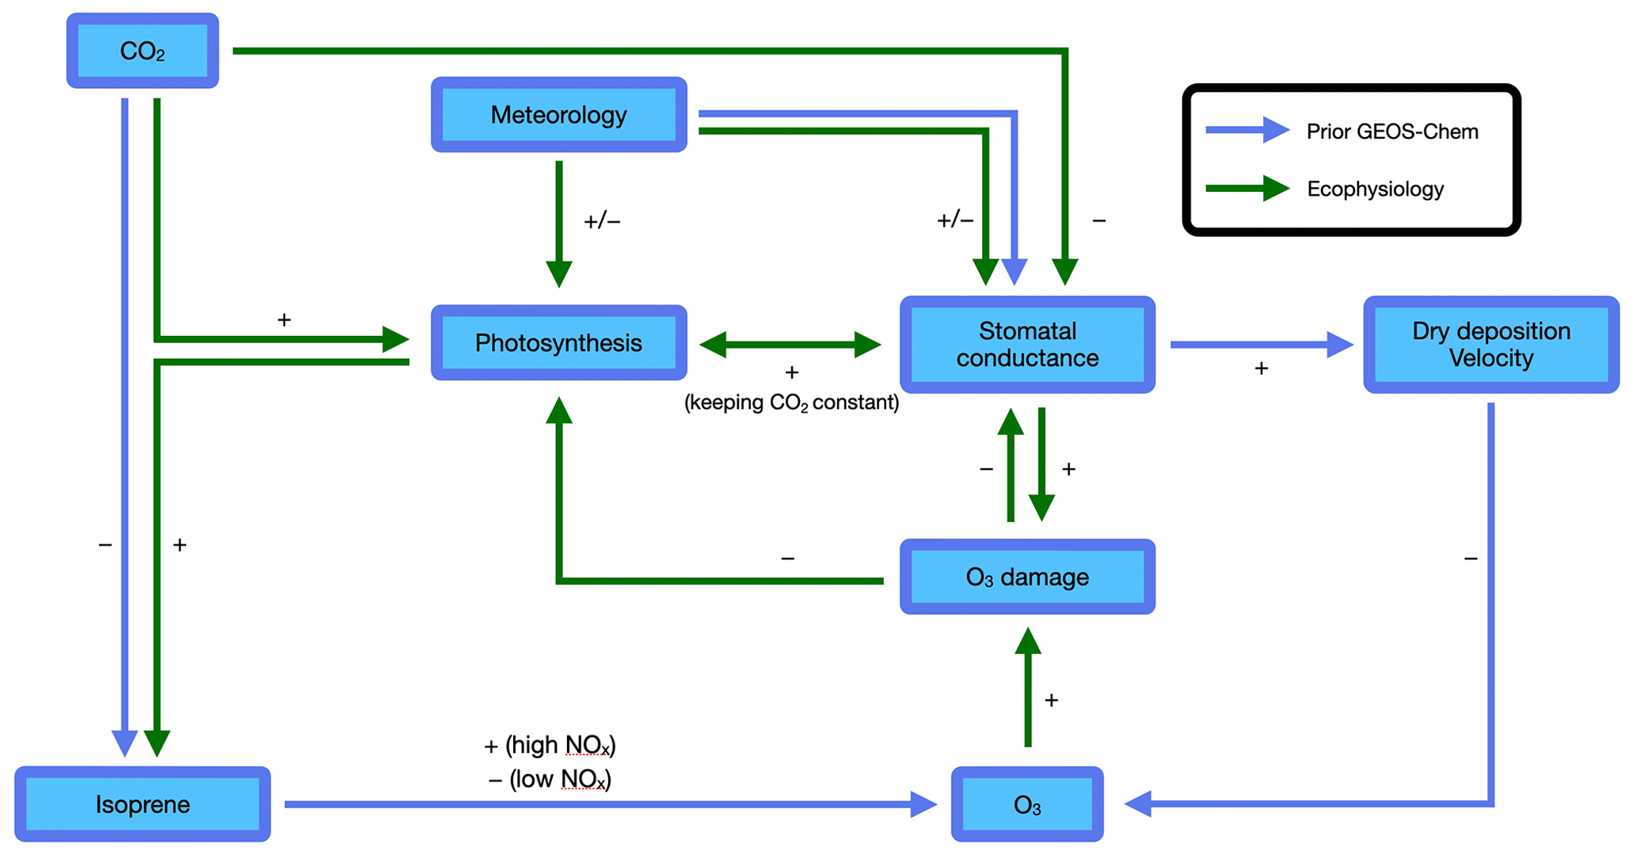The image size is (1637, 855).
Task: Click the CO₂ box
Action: click(143, 51)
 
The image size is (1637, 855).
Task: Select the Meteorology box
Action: click(558, 115)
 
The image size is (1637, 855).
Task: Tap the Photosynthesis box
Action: click(558, 342)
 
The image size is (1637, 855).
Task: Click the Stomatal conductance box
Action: click(1027, 345)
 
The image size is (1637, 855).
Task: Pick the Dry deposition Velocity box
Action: click(1490, 345)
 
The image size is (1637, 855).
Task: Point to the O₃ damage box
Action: click(1027, 577)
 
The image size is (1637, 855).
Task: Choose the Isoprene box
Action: click(143, 804)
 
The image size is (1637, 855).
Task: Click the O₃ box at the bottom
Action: click(1027, 804)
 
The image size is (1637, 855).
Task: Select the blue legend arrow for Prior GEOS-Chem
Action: click(1247, 130)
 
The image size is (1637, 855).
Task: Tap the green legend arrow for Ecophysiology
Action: click(1247, 189)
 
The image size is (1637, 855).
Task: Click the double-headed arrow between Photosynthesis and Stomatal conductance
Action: click(790, 345)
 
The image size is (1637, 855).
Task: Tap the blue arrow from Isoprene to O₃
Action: click(610, 804)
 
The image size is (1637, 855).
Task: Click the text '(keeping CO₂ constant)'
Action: click(791, 403)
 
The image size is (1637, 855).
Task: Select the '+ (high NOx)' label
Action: click(550, 746)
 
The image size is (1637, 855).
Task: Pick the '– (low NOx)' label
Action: click(550, 780)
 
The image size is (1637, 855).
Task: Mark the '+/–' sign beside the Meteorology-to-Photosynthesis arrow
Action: click(602, 221)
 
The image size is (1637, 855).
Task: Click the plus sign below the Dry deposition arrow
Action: click(1261, 368)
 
